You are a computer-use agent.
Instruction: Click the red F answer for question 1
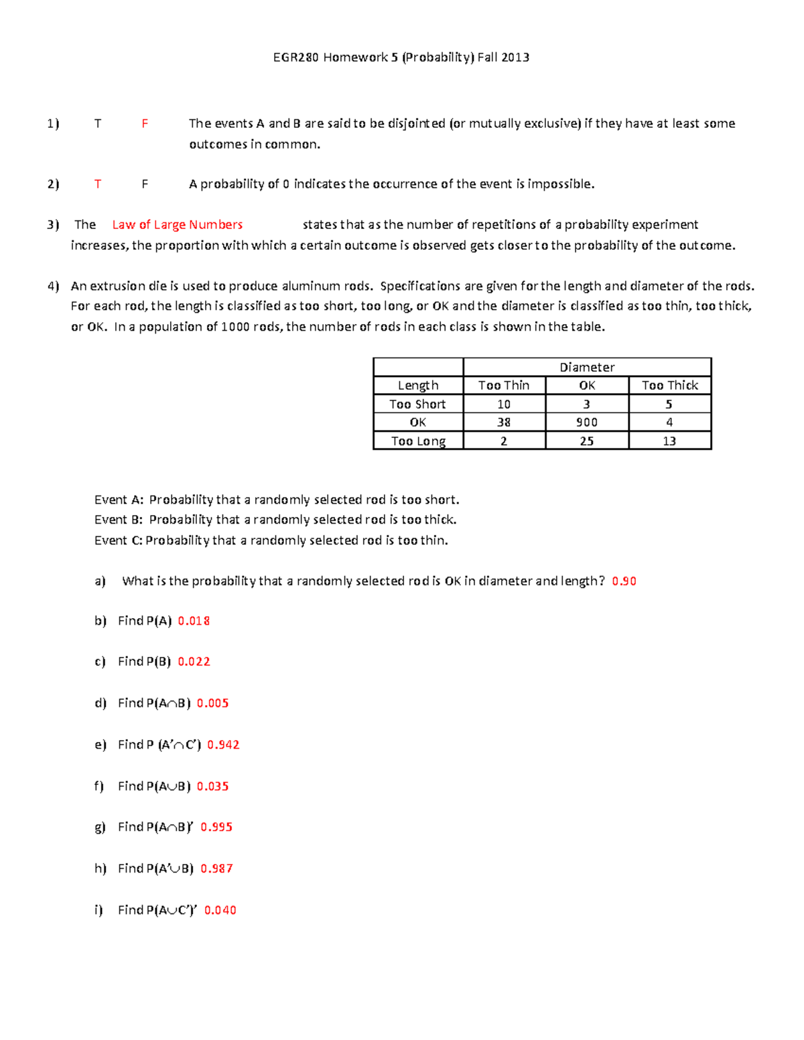pos(145,123)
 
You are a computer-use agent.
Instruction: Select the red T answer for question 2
pos(98,184)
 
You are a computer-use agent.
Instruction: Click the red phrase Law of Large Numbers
pos(177,225)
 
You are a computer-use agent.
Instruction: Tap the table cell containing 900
pos(587,423)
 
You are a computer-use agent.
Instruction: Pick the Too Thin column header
pos(504,386)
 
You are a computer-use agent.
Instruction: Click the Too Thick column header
pos(669,386)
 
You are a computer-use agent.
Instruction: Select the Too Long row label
pos(418,441)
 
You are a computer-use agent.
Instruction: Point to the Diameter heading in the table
pos(587,367)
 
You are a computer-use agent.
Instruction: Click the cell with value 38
pos(504,423)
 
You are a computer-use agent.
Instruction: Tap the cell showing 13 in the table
pos(669,441)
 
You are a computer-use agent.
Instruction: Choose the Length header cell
pos(418,386)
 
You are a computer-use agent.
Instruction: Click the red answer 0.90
pos(624,581)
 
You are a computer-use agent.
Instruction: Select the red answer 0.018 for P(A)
pos(194,621)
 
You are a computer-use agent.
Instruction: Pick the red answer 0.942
pos(223,745)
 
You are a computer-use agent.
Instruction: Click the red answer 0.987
pos(216,869)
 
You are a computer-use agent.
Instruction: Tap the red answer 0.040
pos(220,910)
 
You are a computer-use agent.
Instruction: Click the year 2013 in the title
pos(515,58)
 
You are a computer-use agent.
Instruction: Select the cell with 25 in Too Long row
pos(587,441)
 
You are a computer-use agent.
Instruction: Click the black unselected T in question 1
pos(98,123)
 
